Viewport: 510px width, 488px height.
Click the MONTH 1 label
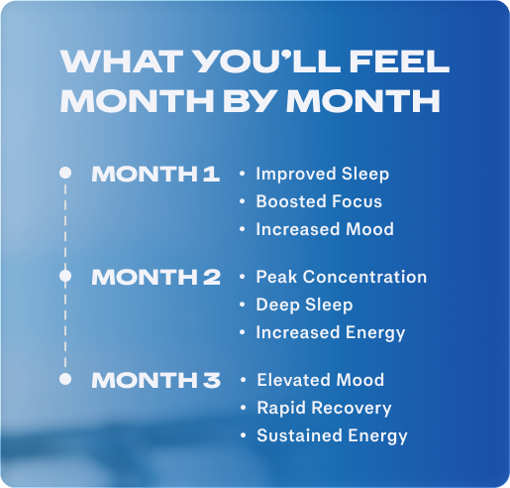[155, 175]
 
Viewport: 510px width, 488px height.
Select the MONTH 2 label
[155, 278]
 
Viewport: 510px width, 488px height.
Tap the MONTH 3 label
[155, 381]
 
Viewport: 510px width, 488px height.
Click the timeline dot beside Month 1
[65, 173]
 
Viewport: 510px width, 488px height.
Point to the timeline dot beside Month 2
[65, 275]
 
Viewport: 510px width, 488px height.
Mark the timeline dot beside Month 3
[65, 379]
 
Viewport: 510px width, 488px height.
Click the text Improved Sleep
[322, 175]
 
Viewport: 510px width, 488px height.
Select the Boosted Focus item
[318, 202]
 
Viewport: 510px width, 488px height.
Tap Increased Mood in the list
[324, 230]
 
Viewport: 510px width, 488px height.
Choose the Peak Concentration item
[341, 278]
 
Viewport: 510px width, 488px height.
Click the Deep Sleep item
[304, 305]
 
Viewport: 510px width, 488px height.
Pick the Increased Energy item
[330, 333]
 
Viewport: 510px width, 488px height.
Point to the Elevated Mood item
[320, 381]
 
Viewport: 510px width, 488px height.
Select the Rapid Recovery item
[324, 409]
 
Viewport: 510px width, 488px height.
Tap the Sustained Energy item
[332, 436]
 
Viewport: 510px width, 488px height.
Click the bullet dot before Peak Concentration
[243, 278]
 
